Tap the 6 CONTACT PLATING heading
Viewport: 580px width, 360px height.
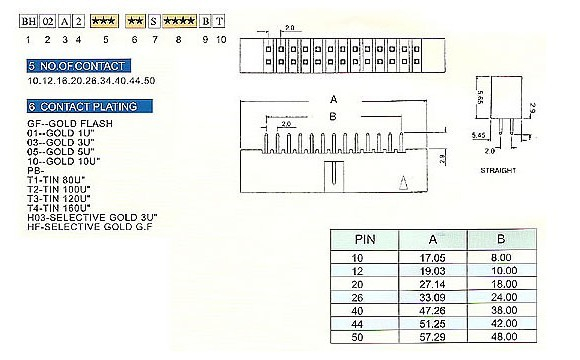point(89,106)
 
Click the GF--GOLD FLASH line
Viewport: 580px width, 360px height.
point(71,123)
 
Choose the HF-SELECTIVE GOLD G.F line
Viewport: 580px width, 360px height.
point(98,227)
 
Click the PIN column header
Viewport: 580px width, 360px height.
point(365,240)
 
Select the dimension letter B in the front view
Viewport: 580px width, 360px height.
point(333,116)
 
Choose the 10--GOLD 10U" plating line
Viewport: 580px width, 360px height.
point(68,161)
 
